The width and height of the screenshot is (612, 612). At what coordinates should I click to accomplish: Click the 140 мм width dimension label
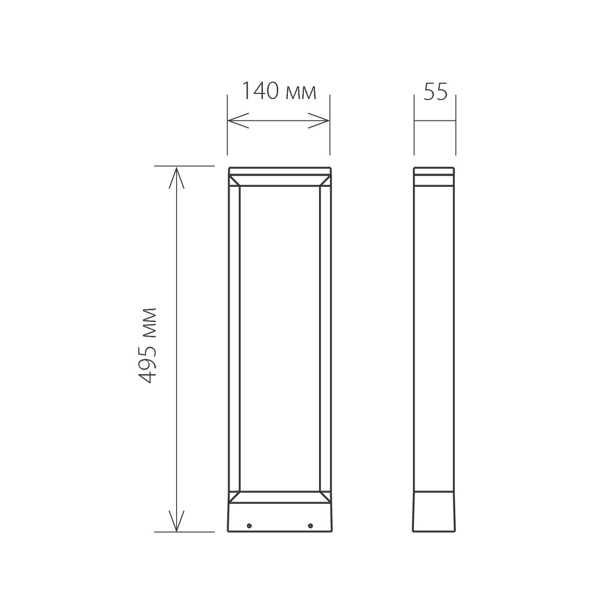click(x=278, y=92)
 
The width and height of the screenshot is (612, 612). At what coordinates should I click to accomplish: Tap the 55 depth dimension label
click(x=435, y=92)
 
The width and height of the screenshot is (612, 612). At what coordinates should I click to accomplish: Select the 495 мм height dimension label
click(x=148, y=345)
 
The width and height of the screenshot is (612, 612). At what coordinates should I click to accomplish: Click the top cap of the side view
click(x=434, y=172)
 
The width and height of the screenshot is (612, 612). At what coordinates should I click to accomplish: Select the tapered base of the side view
click(x=434, y=512)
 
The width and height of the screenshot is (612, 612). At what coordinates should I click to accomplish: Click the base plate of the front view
click(x=279, y=516)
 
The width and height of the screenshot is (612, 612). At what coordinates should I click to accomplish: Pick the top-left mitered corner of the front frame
click(x=234, y=181)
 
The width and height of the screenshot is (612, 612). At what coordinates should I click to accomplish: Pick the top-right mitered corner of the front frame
click(x=324, y=181)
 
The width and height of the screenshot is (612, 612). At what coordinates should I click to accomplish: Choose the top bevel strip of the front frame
click(x=279, y=181)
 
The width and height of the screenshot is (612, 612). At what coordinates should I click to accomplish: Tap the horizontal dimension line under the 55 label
click(x=434, y=121)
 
